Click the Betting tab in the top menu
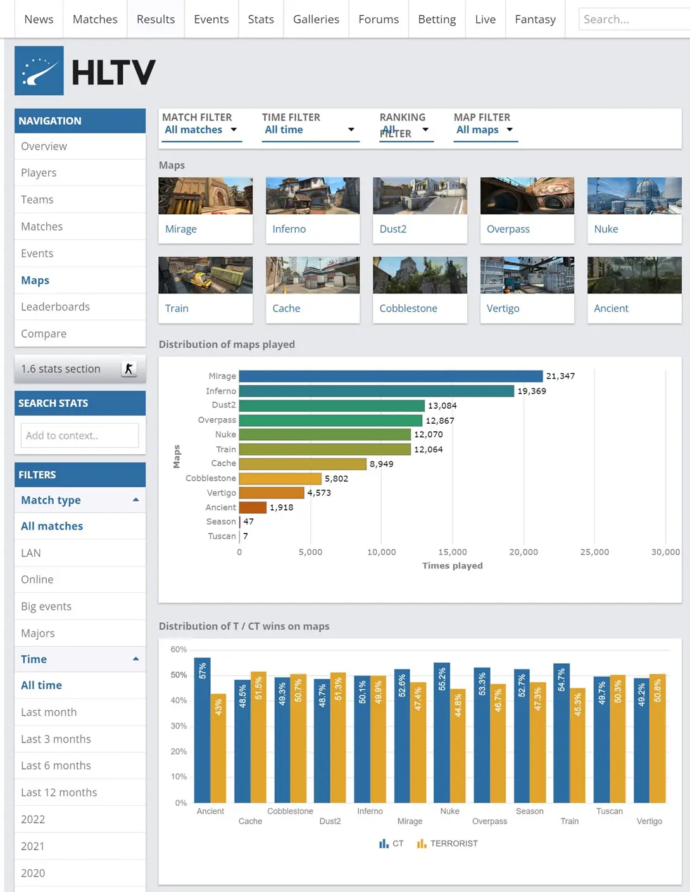click(x=437, y=19)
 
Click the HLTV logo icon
click(x=39, y=71)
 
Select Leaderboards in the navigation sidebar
click(x=55, y=307)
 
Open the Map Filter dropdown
click(x=485, y=130)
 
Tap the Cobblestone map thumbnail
click(x=420, y=275)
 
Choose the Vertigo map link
click(x=503, y=309)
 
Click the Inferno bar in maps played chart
click(x=377, y=391)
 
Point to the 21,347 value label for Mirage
click(x=560, y=376)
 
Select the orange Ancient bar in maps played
click(x=253, y=507)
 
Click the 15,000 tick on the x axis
click(x=453, y=552)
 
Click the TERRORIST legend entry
click(x=448, y=844)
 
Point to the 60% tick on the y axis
click(x=179, y=649)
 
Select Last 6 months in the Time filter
click(x=56, y=765)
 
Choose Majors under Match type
click(x=38, y=633)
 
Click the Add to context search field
click(x=80, y=436)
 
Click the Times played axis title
click(x=453, y=566)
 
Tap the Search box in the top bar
click(x=633, y=19)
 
